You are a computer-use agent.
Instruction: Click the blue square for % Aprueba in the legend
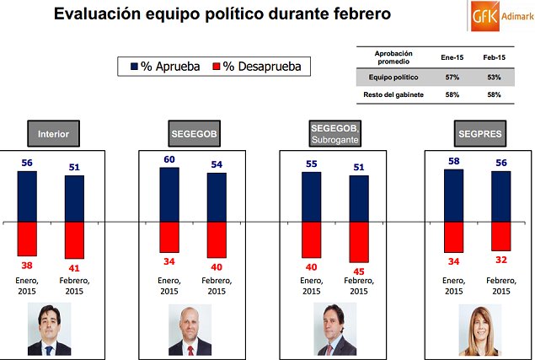[133, 65]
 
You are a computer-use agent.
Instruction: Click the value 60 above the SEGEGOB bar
[169, 159]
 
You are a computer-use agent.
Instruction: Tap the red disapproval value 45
[359, 271]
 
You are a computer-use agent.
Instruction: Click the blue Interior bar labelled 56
[27, 196]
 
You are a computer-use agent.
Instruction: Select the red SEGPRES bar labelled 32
[501, 236]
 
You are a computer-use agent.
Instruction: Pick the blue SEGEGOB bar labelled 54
[217, 198]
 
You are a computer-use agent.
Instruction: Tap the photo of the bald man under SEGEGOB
[190, 330]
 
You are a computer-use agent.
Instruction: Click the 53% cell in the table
[494, 78]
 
